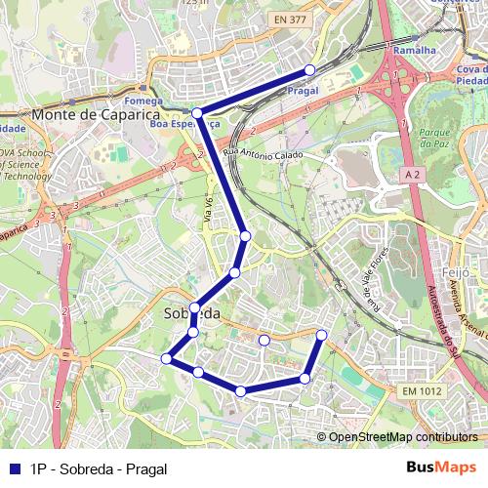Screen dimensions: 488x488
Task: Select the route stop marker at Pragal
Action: coord(309,69)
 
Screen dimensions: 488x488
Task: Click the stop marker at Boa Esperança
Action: coord(197,113)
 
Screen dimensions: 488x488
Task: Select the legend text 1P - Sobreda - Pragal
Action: coord(99,468)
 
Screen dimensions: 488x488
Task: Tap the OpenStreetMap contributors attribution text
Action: coord(403,437)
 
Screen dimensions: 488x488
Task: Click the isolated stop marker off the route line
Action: coord(264,340)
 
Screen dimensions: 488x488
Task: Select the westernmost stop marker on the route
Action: coord(167,358)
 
